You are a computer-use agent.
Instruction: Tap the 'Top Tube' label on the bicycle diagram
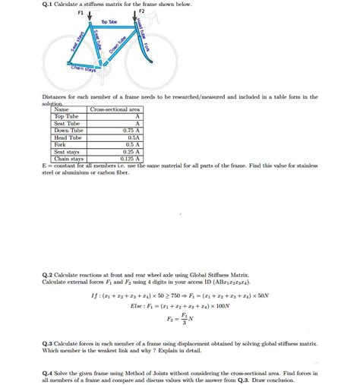click(109, 24)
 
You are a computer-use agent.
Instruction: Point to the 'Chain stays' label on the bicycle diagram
click(83, 69)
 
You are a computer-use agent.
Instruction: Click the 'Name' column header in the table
click(61, 109)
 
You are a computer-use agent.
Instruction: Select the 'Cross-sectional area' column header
click(115, 109)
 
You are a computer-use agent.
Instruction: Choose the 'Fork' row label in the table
click(60, 144)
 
